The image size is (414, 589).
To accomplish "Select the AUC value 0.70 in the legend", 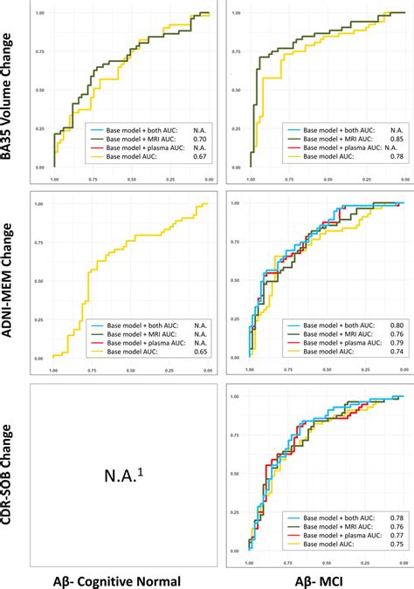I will (197, 138).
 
